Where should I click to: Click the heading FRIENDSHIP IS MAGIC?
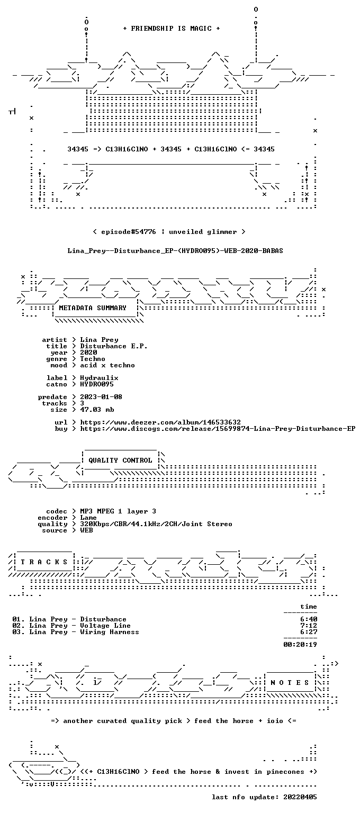(x=172, y=28)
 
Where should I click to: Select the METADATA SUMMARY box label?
(x=93, y=308)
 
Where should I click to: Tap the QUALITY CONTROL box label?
(x=120, y=460)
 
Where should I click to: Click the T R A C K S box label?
(x=44, y=562)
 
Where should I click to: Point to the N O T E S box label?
(x=290, y=682)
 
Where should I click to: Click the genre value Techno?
(x=93, y=358)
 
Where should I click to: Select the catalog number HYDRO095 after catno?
(x=97, y=384)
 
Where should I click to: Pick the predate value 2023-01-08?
(x=101, y=396)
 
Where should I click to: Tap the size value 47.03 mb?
(x=97, y=409)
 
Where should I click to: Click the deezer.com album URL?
(x=160, y=422)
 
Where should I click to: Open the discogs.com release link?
(x=218, y=429)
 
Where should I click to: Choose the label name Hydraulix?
(x=99, y=378)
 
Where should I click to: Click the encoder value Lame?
(x=88, y=518)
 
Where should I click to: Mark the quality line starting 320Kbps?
(x=156, y=523)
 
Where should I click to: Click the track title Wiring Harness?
(x=110, y=632)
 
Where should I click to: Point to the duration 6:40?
(x=309, y=619)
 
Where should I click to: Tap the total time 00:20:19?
(x=300, y=645)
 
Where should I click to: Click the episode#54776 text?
(x=129, y=231)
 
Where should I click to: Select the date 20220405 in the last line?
(x=300, y=797)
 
